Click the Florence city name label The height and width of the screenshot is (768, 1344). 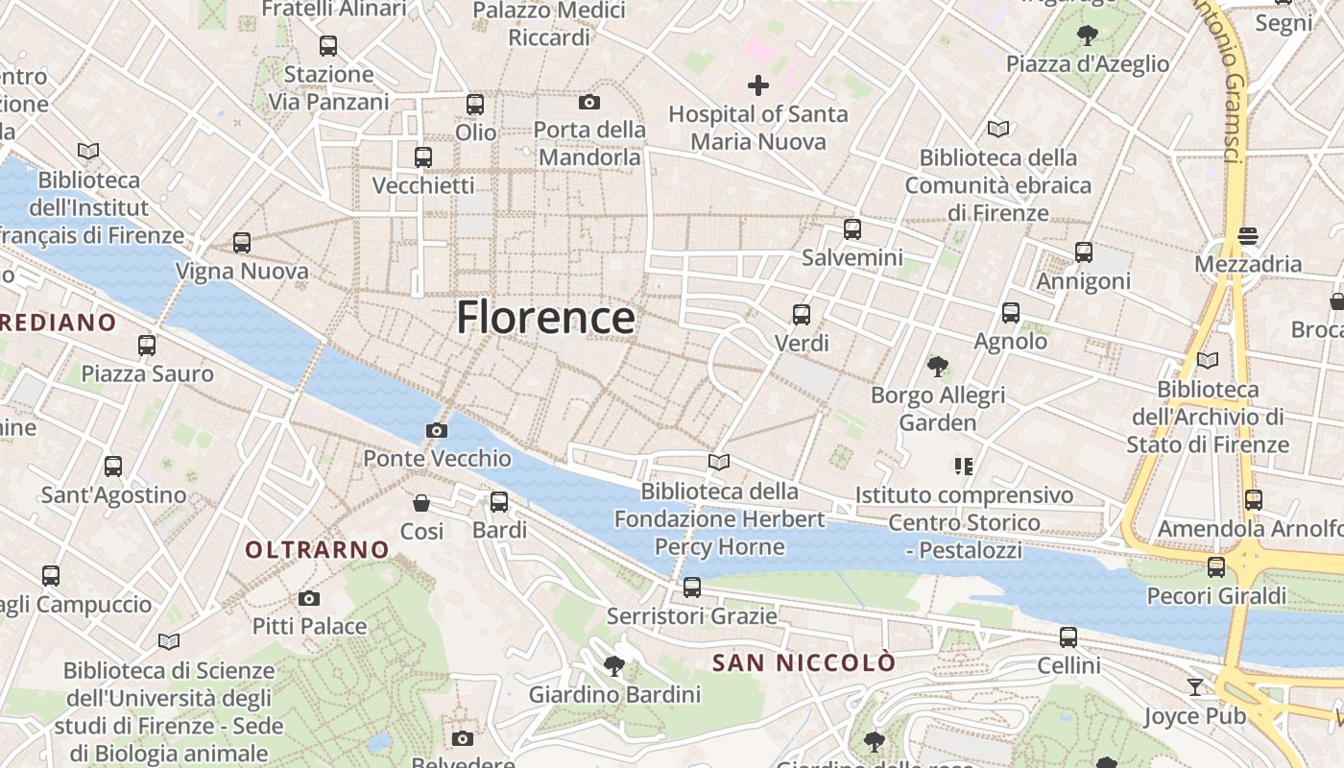tap(545, 318)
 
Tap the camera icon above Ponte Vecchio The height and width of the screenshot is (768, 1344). tap(437, 430)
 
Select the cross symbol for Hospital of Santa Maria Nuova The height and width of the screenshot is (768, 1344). tap(758, 85)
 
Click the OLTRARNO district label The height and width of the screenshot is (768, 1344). tap(317, 550)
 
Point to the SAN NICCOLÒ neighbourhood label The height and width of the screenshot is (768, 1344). tap(804, 662)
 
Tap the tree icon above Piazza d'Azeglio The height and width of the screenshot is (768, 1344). tap(1088, 36)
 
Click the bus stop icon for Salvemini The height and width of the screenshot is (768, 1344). tap(852, 229)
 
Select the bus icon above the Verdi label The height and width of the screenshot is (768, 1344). tap(802, 314)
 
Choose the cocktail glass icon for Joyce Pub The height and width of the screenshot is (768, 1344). tap(1194, 687)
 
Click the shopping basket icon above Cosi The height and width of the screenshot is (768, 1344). tap(421, 503)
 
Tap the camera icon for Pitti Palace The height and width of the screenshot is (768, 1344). tap(309, 598)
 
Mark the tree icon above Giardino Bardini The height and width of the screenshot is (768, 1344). tap(614, 665)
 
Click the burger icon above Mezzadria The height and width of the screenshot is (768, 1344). tap(1248, 235)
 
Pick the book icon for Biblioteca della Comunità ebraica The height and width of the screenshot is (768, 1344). tap(998, 129)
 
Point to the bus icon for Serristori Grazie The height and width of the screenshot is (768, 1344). tap(692, 588)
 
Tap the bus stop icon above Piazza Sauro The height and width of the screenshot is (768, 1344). tap(147, 345)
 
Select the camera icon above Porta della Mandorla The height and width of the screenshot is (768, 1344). tap(588, 102)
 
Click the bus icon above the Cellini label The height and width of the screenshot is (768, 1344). tap(1068, 637)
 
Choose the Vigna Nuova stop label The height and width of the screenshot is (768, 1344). tap(241, 272)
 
